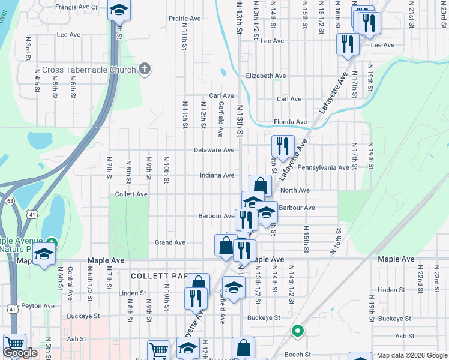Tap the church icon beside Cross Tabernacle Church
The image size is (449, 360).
[144, 70]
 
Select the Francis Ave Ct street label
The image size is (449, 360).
[76, 7]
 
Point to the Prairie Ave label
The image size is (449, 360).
[184, 19]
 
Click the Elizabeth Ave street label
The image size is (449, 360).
[266, 76]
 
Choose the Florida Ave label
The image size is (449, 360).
[290, 122]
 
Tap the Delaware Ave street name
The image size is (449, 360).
[214, 150]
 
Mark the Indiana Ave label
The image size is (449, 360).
[217, 175]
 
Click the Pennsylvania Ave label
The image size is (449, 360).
[323, 167]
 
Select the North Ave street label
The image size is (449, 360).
[295, 190]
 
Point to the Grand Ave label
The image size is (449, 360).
[170, 242]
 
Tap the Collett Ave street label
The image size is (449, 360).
[131, 194]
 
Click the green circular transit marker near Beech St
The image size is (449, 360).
[297, 331]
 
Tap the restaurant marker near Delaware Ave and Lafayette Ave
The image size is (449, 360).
[282, 145]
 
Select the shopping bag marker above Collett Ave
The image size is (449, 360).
[260, 185]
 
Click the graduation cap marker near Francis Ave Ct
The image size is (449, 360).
[119, 10]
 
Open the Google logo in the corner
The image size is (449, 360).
[20, 353]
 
